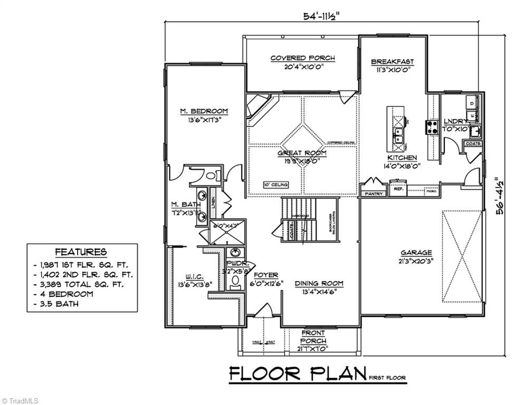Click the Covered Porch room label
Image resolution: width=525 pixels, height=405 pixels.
[302, 58]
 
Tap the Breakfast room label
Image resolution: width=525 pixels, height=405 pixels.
[392, 62]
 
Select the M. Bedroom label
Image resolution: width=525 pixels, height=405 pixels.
[204, 111]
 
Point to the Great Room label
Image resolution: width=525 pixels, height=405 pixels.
[302, 153]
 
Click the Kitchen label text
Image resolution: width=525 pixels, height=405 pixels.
[402, 158]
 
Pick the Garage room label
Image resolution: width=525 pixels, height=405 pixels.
[416, 253]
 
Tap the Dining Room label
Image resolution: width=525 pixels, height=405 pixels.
[319, 283]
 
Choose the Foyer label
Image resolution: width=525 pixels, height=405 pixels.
[266, 275]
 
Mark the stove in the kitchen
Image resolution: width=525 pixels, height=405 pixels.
[432, 127]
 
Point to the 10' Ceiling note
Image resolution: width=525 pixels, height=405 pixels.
[276, 185]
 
